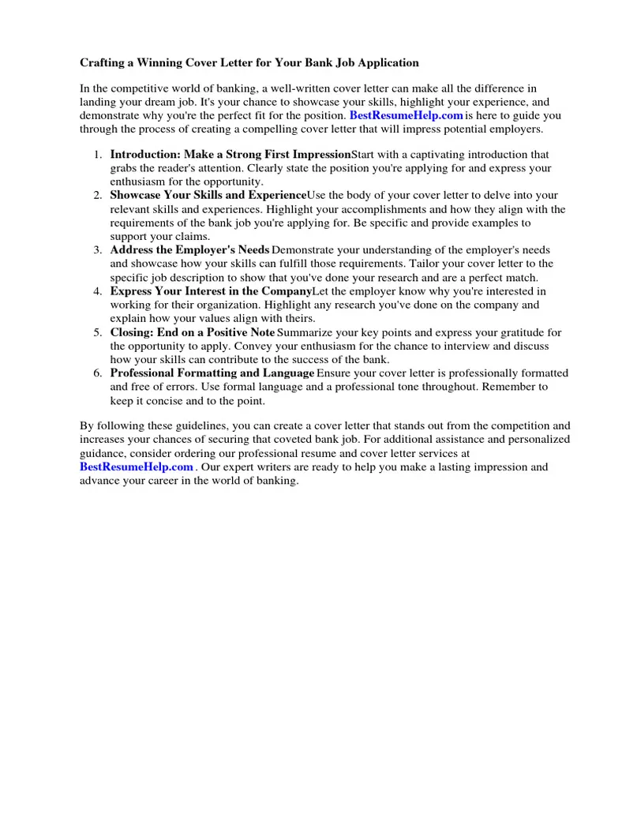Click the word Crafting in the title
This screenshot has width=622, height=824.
coord(103,62)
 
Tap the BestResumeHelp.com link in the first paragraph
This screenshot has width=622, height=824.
coord(406,115)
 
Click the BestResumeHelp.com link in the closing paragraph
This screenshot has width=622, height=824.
coord(137,467)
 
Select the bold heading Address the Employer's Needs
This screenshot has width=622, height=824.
coord(189,250)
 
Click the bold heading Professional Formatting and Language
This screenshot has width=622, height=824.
coord(212,373)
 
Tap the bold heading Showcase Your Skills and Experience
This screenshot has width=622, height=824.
coord(208,195)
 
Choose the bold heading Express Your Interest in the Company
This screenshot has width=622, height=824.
coord(210,291)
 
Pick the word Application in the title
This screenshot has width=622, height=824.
coord(388,62)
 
